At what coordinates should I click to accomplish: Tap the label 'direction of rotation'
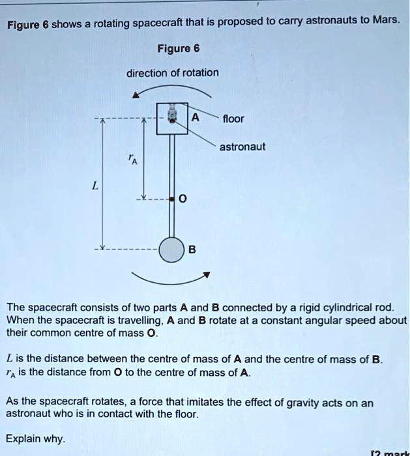pos(173,72)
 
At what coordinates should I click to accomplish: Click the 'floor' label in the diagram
pos(233,119)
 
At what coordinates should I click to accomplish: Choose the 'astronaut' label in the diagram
pos(242,147)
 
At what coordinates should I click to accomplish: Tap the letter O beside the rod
pos(183,200)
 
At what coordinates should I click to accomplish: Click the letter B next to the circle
pos(192,250)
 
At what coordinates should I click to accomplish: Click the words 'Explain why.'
pos(35,438)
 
